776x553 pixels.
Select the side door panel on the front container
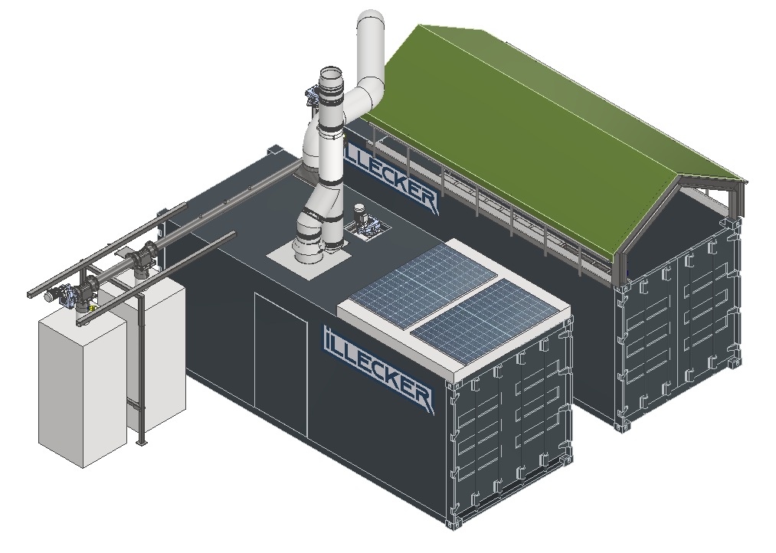click(281, 365)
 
